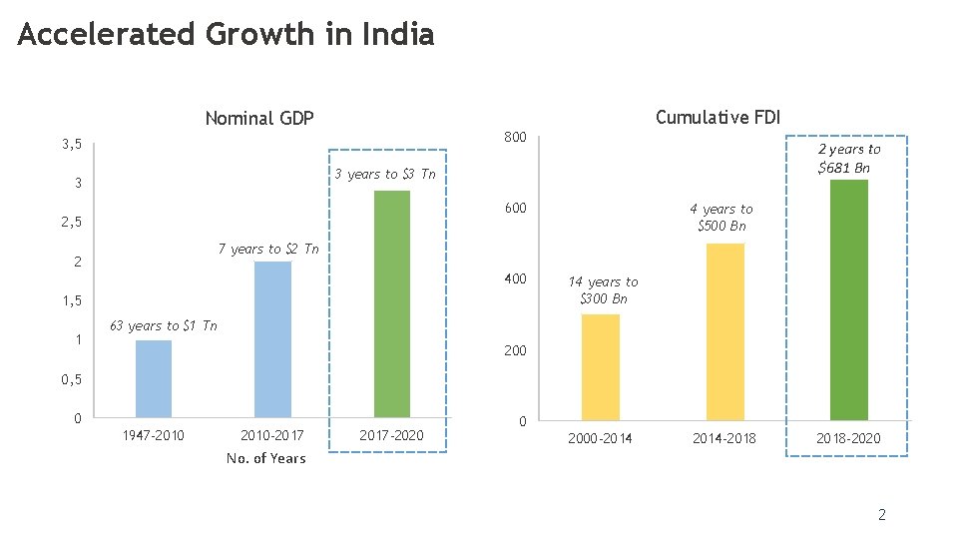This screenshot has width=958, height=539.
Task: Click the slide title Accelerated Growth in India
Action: tap(226, 35)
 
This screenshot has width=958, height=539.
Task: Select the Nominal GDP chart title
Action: tap(259, 119)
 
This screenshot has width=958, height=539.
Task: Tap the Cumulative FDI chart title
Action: tap(718, 118)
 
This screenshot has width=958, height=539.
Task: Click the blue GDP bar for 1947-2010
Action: tap(153, 378)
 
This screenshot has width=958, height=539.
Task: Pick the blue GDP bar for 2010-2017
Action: tap(272, 339)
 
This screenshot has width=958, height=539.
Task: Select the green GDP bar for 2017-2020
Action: tap(392, 303)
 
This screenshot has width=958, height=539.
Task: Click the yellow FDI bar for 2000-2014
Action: tap(601, 367)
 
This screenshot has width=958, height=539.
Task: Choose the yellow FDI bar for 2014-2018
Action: tap(725, 331)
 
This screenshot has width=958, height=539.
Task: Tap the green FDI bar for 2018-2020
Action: tap(849, 299)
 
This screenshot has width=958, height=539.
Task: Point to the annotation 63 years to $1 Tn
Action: tap(163, 326)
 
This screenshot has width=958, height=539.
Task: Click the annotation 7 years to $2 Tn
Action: tap(268, 250)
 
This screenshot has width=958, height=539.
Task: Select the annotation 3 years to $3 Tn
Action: tap(385, 175)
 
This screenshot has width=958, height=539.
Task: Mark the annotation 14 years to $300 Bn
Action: tap(604, 290)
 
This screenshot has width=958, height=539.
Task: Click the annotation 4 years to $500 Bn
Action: tap(721, 218)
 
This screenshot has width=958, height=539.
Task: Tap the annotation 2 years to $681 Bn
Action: tap(848, 159)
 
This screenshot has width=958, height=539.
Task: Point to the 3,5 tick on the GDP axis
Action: tap(71, 145)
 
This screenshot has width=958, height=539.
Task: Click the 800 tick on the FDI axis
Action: tap(515, 137)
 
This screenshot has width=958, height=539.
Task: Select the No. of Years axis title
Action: tap(266, 458)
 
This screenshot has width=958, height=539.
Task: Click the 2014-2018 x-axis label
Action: tap(724, 438)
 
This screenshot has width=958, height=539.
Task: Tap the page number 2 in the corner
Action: tap(881, 515)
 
